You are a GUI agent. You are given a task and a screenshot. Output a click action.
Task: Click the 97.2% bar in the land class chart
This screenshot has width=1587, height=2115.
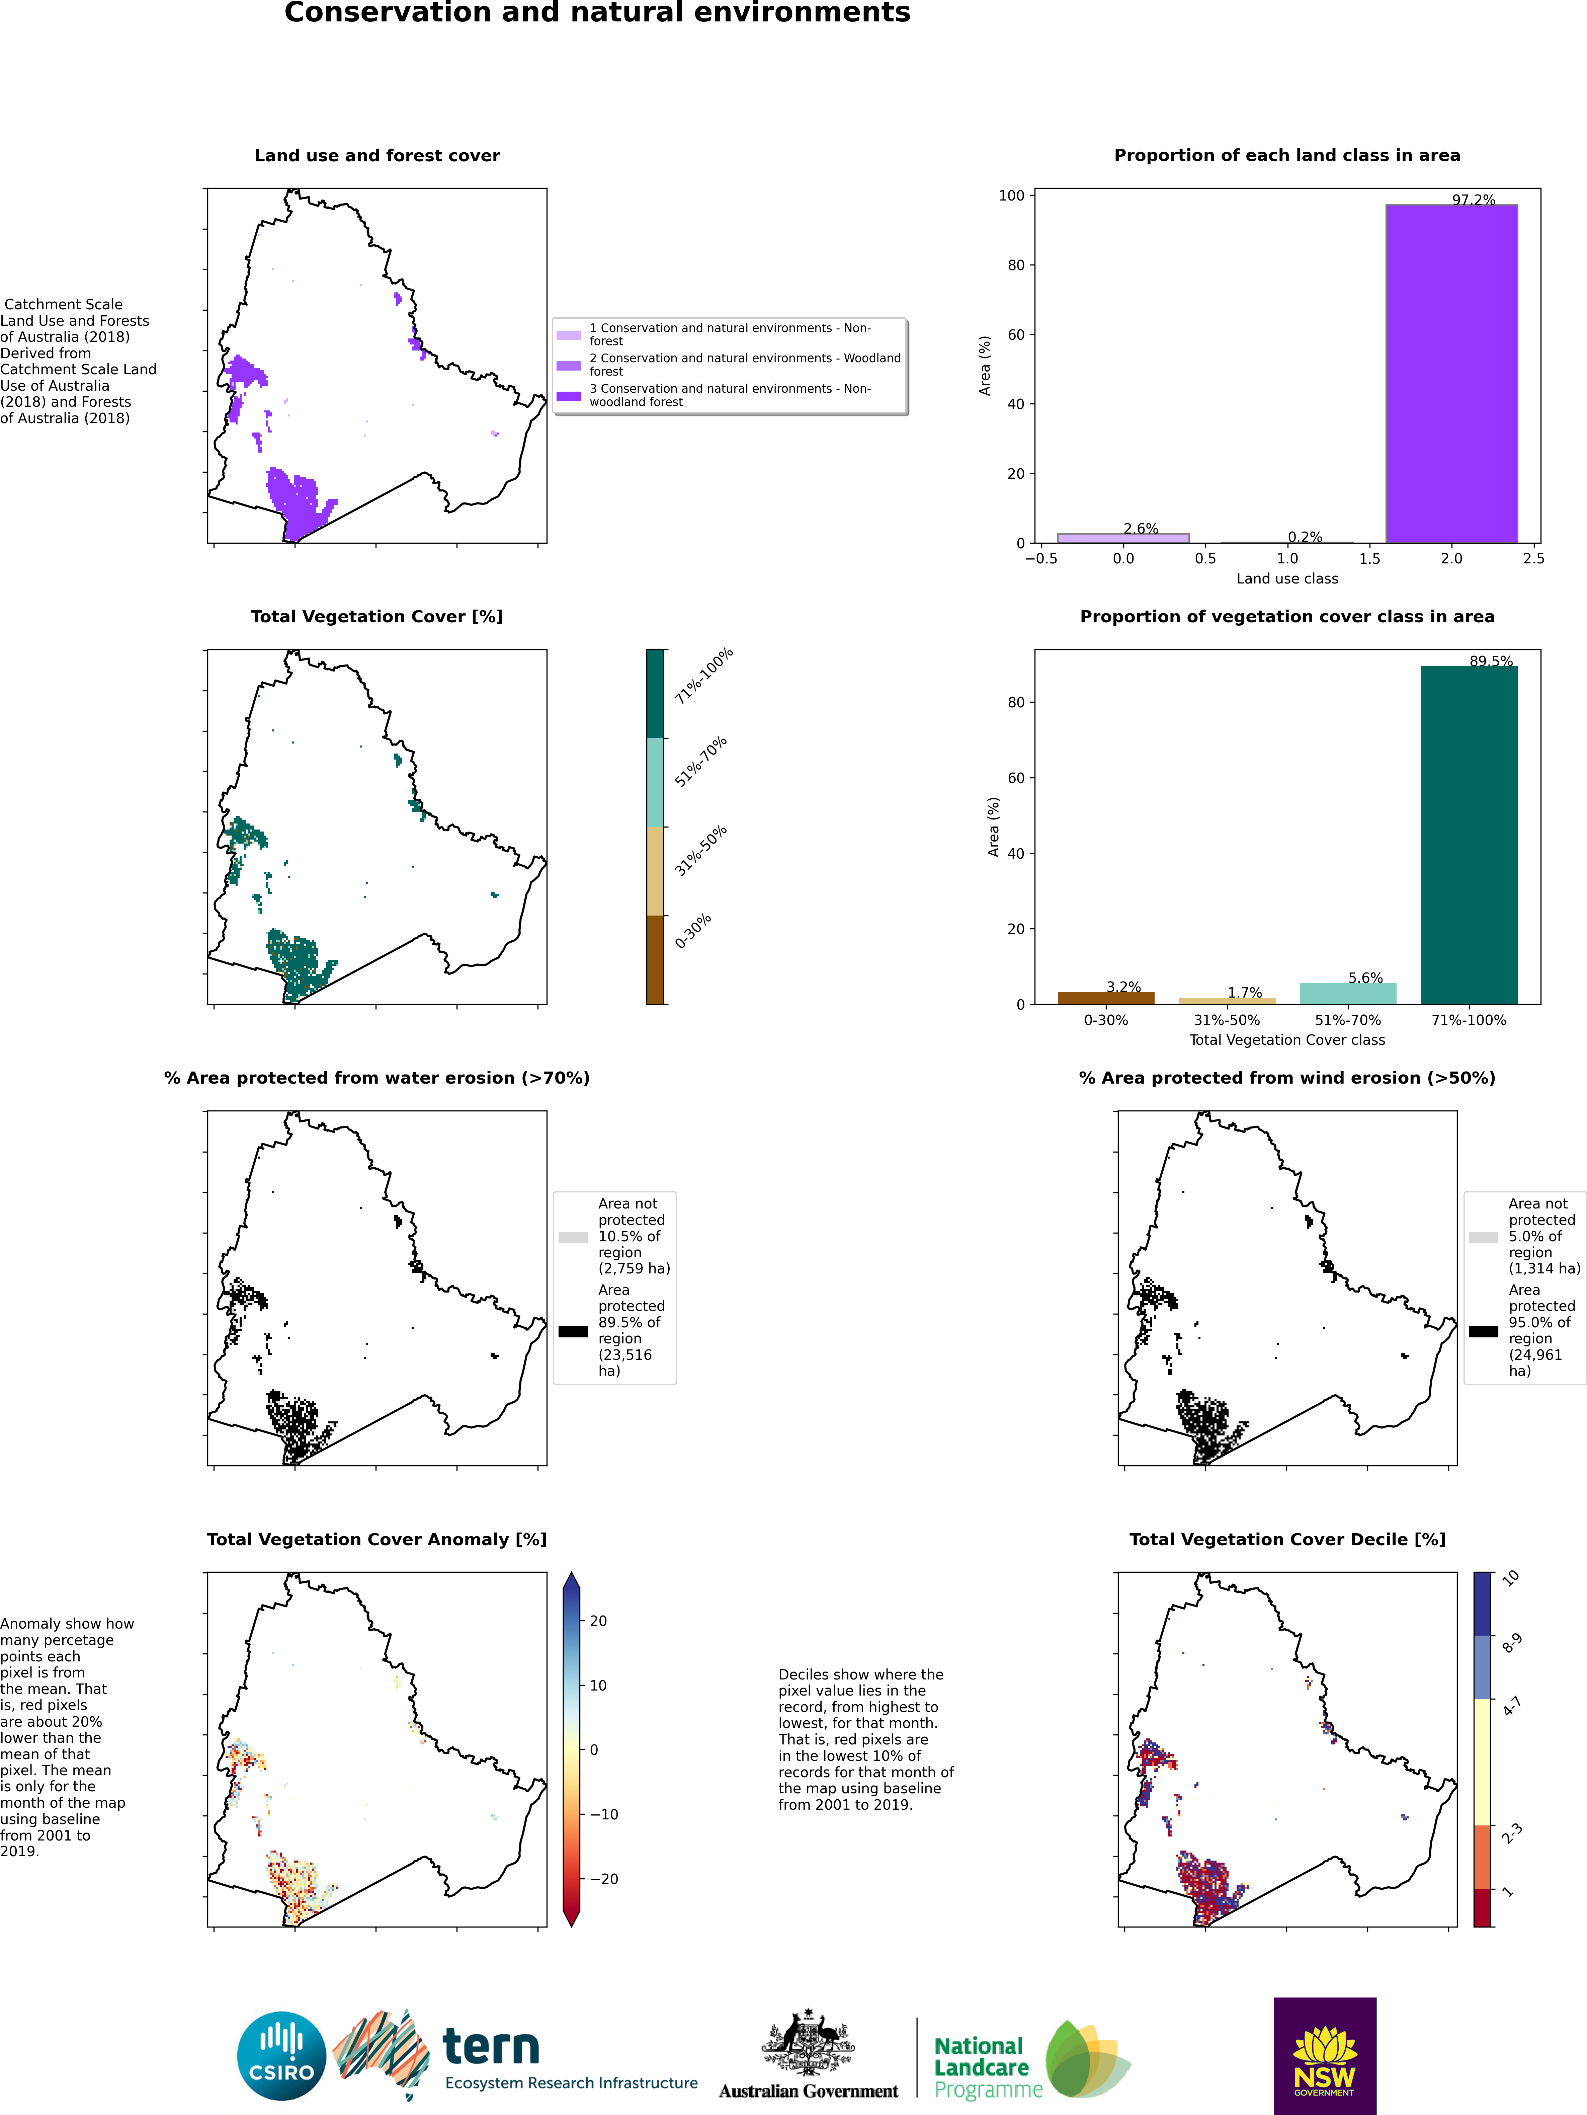1451,374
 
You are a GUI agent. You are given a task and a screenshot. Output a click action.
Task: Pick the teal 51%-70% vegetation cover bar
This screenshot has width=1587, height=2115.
1348,994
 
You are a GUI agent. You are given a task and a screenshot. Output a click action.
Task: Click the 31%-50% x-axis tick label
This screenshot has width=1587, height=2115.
1227,1020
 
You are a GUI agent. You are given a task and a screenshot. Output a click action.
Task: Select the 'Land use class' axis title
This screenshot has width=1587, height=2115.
1287,578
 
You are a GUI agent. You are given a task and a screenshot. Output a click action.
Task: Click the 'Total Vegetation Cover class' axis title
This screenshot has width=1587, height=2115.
1287,1039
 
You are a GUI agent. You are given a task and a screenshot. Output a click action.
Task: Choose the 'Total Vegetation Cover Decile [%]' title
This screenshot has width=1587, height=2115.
1287,1540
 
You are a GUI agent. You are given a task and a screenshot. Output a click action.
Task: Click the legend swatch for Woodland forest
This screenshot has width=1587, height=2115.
569,365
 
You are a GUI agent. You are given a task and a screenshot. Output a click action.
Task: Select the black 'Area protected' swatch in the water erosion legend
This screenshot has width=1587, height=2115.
573,1331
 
